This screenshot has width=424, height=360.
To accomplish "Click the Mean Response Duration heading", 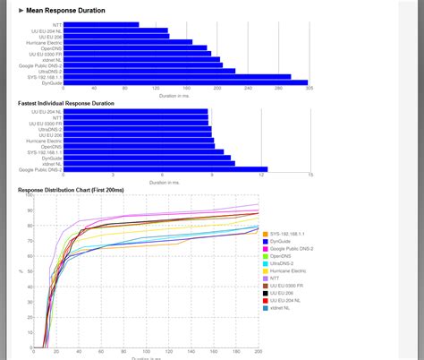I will [x=66, y=11].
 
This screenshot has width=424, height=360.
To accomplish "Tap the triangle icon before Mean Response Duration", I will [x=21, y=11].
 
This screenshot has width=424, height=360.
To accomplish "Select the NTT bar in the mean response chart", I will [x=102, y=24].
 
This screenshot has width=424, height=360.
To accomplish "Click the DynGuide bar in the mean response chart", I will [x=186, y=81].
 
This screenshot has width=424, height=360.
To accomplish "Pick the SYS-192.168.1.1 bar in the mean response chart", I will [x=178, y=76].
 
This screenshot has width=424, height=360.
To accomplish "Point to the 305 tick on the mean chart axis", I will [x=309, y=91].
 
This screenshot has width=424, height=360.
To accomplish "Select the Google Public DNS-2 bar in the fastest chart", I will [x=166, y=168].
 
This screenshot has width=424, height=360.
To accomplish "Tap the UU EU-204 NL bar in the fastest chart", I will [x=136, y=112].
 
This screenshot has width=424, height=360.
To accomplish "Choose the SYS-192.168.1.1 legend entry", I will [x=288, y=234].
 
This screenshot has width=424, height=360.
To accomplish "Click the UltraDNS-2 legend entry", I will [x=284, y=263].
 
